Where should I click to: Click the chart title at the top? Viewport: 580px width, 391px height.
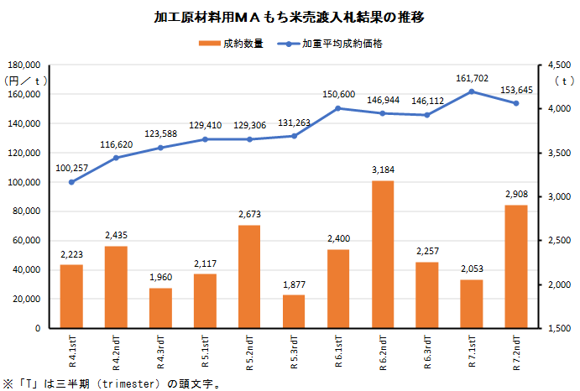point(289,17)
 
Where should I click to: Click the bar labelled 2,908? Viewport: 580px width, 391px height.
point(516,266)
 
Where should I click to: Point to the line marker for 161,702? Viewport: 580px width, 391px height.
point(472,91)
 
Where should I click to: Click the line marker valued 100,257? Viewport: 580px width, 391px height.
point(71,182)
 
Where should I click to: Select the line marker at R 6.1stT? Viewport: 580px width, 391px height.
point(338,108)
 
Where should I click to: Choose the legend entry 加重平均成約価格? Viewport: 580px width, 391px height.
point(334,43)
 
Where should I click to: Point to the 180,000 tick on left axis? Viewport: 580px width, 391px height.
point(24,65)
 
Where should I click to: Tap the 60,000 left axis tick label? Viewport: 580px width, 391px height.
point(27,241)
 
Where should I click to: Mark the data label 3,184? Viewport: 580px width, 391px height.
point(383,170)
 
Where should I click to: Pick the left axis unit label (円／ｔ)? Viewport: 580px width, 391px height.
point(26,81)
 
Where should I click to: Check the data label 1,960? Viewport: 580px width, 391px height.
point(160,278)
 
